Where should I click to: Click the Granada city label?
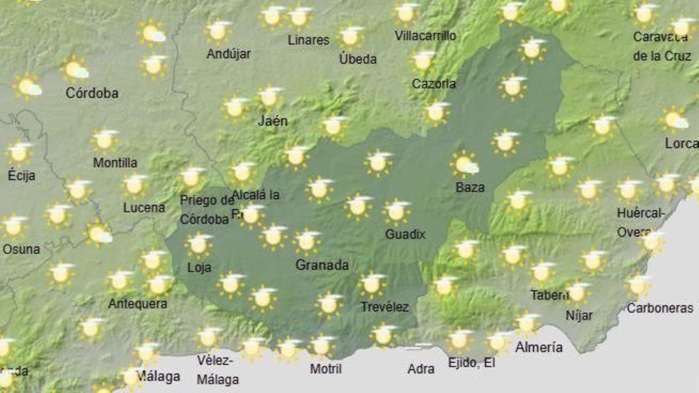click(x=322, y=265)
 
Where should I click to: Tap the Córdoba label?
click(x=92, y=93)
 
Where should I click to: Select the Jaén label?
click(x=273, y=121)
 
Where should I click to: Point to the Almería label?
click(x=539, y=348)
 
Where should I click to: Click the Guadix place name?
click(x=405, y=234)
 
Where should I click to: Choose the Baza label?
click(x=470, y=188)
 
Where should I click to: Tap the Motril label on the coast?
click(x=325, y=369)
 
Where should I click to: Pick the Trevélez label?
click(x=384, y=307)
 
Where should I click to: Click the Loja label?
click(x=199, y=267)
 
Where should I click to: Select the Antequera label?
click(x=138, y=304)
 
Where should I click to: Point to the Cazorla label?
click(x=433, y=84)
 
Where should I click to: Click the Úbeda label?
click(x=358, y=59)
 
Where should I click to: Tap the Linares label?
click(x=308, y=40)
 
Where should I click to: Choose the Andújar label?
click(x=228, y=54)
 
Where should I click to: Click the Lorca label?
click(x=681, y=143)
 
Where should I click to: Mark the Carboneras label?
click(x=660, y=308)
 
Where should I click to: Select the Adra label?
click(x=421, y=369)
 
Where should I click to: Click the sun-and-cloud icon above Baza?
click(x=464, y=164)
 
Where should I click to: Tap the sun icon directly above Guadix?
click(x=396, y=212)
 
